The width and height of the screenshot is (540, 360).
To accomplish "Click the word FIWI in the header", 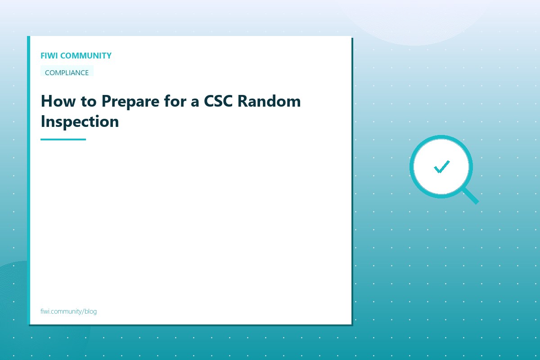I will click(x=49, y=56).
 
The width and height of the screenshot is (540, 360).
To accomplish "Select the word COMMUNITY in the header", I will click(x=85, y=56).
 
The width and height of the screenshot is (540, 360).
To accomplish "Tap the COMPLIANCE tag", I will click(x=67, y=72).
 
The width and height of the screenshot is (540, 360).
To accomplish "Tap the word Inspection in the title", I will click(x=80, y=121).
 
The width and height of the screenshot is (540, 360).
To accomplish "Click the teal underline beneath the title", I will click(x=63, y=139).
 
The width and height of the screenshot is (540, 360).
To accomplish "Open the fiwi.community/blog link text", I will click(x=68, y=311).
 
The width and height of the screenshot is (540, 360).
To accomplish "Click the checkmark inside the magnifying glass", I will click(x=441, y=167).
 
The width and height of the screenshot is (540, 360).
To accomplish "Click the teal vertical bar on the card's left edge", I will click(x=28, y=180).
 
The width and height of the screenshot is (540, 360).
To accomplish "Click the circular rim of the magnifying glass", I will click(x=412, y=167).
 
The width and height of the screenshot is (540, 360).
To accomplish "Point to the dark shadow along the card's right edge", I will click(x=352, y=180).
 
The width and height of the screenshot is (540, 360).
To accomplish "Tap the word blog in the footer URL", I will click(x=90, y=311).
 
